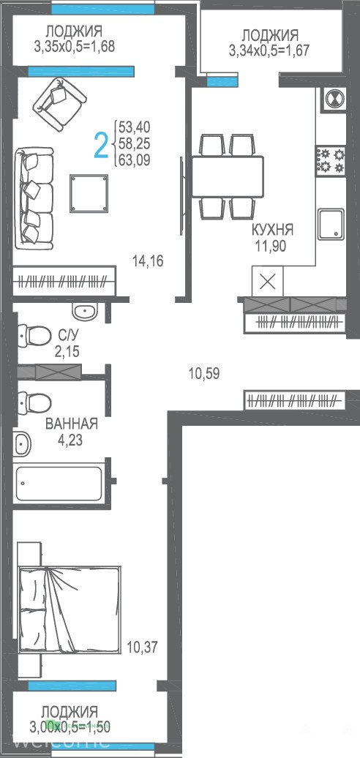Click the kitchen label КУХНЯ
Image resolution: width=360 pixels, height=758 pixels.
[271, 229]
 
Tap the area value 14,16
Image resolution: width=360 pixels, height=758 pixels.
[148, 261]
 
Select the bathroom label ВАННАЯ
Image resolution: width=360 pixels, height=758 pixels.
[72, 424]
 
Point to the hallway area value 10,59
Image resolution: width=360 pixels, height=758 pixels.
[204, 373]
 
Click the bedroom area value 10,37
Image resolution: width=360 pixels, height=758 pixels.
[142, 647]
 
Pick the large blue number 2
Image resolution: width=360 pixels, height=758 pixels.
[100, 145]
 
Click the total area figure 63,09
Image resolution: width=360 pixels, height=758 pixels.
[135, 160]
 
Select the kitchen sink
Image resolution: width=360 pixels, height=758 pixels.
[331, 225]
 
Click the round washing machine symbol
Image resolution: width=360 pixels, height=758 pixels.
[334, 100]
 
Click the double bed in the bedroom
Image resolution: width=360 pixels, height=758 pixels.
[69, 609]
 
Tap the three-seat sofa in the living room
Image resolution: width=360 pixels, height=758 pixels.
[34, 198]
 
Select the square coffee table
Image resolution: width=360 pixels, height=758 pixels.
[89, 193]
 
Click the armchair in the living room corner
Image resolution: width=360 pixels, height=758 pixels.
[62, 105]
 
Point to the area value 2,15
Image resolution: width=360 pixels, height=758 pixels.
[67, 351]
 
